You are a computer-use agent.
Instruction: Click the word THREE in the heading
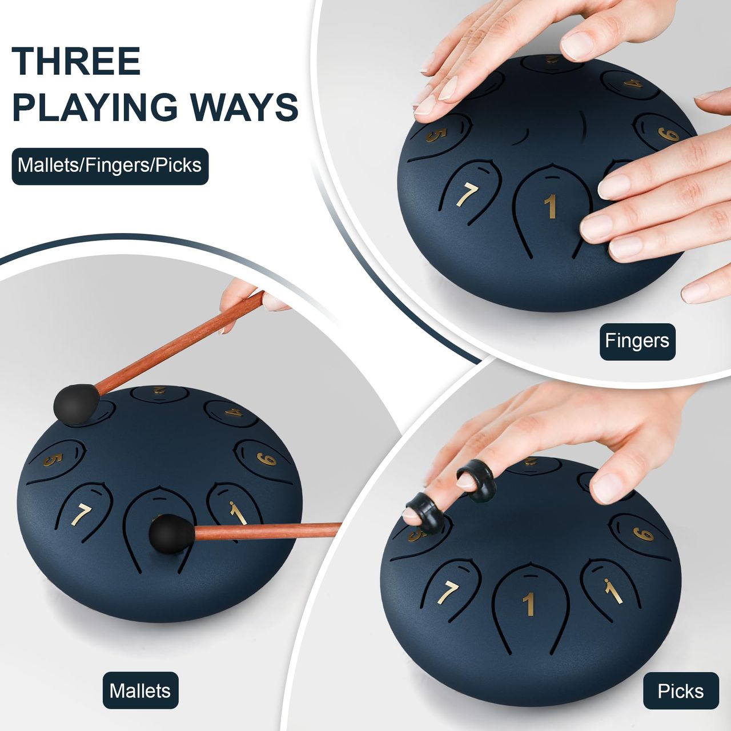(x=77, y=61)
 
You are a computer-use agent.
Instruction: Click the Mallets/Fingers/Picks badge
(x=110, y=166)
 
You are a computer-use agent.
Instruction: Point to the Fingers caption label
(x=637, y=341)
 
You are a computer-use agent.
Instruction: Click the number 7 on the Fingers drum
(x=467, y=195)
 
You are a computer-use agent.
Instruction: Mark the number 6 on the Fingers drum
(x=668, y=134)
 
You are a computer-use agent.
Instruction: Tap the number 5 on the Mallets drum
(x=53, y=460)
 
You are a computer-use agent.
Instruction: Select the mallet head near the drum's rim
(x=77, y=404)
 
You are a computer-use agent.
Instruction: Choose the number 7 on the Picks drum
(x=448, y=593)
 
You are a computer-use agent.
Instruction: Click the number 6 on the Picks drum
(x=642, y=534)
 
